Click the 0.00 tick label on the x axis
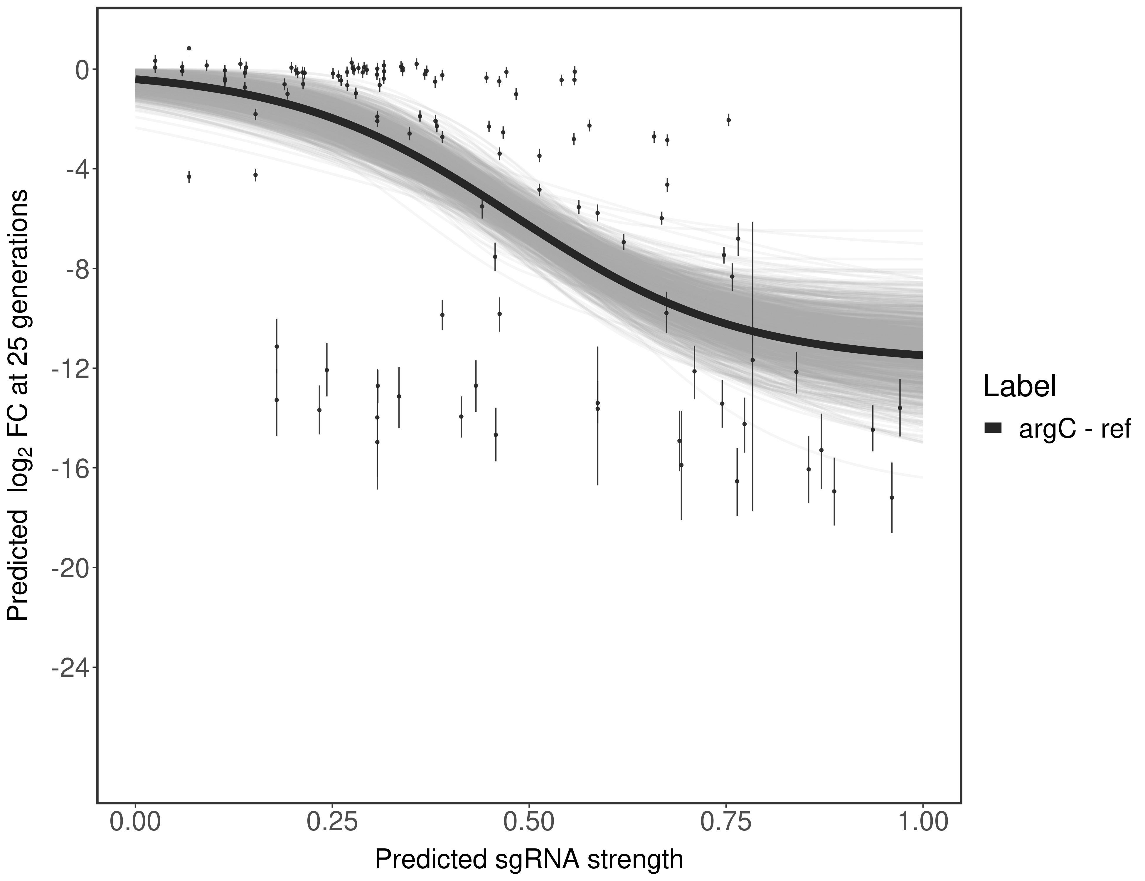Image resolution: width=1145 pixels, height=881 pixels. coord(135,822)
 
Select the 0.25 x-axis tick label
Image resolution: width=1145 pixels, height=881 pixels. coord(332,822)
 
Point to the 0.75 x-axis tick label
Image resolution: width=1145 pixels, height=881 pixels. coord(725,822)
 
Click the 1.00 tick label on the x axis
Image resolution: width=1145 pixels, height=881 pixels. coord(922,822)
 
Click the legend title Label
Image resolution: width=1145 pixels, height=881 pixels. coord(1019,386)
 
